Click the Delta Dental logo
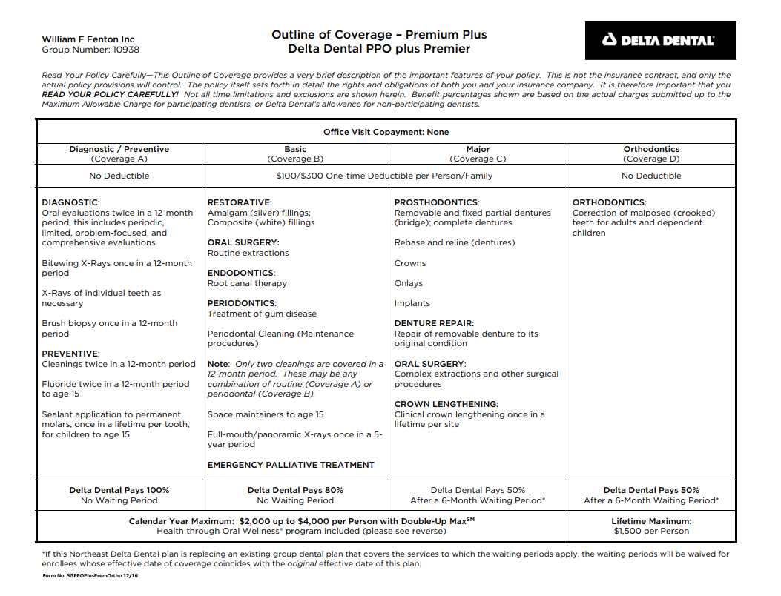[660, 41]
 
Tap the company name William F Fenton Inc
[88, 39]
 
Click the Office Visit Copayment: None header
[386, 132]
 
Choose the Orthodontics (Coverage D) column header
[651, 153]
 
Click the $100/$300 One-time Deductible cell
[384, 176]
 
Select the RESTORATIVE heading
[239, 202]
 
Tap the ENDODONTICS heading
[241, 273]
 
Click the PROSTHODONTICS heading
[436, 202]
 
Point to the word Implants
[412, 303]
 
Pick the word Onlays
[409, 283]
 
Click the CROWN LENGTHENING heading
[446, 404]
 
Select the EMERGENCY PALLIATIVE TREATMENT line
[291, 465]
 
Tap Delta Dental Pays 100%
[119, 490]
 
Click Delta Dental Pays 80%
[295, 490]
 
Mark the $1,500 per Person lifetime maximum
[651, 531]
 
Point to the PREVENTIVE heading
[70, 354]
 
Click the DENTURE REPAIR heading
[434, 323]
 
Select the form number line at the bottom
[90, 576]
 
